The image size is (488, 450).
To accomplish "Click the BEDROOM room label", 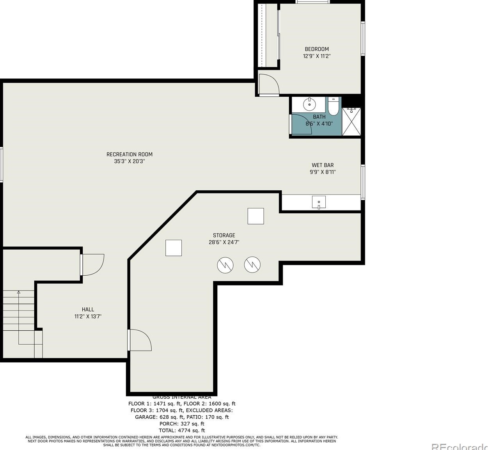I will [x=316, y=49].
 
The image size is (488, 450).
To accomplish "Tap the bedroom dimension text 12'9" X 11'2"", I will [x=316, y=56].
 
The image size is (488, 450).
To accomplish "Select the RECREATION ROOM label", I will [x=130, y=154].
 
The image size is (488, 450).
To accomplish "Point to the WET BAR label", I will [x=323, y=165].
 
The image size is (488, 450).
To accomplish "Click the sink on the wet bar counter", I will [x=319, y=202].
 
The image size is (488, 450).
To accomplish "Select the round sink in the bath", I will [x=310, y=104].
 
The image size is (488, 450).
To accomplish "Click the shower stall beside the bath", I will [x=351, y=122].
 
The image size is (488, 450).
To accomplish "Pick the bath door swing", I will [x=301, y=124].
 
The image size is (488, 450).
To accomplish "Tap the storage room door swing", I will [x=140, y=340].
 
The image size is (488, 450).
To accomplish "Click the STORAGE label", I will [x=224, y=236].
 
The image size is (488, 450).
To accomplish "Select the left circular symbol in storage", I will [x=225, y=265].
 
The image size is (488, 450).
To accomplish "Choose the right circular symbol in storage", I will [x=252, y=265].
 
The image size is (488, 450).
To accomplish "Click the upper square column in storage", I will [x=256, y=216].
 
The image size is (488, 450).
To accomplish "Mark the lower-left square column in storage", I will [x=174, y=248].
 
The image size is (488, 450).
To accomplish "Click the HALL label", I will [x=88, y=310].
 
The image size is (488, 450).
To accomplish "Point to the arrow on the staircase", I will [x=18, y=292].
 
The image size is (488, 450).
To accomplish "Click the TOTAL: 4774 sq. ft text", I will [x=182, y=431].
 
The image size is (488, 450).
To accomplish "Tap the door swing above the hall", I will [x=92, y=264].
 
